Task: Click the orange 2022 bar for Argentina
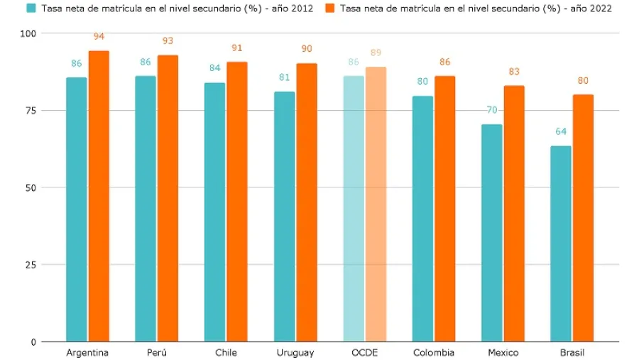99,196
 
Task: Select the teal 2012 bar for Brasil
561,244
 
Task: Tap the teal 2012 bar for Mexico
491,233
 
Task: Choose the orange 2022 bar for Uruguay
307,202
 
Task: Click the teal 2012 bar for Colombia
422,219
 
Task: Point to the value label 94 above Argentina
99,37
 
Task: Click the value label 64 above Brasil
561,131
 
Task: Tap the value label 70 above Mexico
491,110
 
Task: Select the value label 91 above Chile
237,48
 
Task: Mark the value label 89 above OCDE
376,53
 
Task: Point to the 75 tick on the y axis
31,110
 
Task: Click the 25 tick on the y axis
31,265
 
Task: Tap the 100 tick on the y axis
29,33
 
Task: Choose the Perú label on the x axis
156,353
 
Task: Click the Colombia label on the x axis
434,353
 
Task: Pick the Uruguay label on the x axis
295,353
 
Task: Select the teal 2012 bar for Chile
215,212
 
